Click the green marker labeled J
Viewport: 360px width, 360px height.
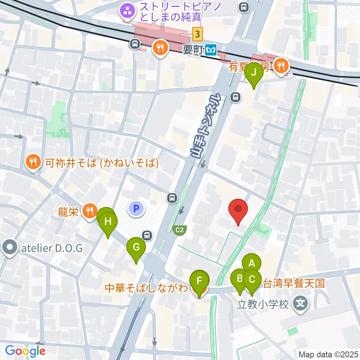pos(254,72)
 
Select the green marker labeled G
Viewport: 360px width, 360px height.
pos(136,247)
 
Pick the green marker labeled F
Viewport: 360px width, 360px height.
pos(199,280)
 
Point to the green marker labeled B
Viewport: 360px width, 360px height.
pos(239,279)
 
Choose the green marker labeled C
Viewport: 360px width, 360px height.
pos(252,279)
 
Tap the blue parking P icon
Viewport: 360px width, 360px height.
pos(136,208)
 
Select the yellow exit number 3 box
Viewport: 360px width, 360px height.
pos(198,34)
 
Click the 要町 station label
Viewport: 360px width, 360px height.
pos(193,50)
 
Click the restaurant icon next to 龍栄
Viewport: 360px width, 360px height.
pos(90,211)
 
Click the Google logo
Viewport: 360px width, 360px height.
pos(25,351)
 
